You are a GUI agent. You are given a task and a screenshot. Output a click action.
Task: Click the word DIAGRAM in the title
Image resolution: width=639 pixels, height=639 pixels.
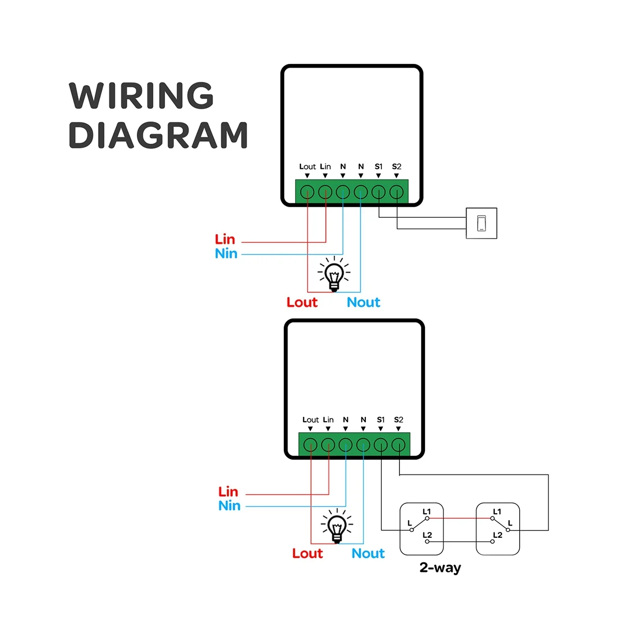coord(158,135)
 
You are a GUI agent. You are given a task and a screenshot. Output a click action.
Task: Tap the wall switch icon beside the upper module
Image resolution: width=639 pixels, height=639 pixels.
coord(481,223)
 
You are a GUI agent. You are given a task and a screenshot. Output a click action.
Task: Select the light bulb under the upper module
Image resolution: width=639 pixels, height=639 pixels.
coord(334,274)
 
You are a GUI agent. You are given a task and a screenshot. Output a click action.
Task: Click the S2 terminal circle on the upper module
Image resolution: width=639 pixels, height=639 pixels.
coord(396,192)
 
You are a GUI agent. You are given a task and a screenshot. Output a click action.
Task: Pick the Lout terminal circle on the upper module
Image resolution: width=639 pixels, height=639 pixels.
coord(307,192)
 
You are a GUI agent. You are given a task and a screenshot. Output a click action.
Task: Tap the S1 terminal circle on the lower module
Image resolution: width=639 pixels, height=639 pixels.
coord(381,445)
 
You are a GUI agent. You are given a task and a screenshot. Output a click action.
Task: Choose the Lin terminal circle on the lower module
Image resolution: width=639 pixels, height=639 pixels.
coord(328,445)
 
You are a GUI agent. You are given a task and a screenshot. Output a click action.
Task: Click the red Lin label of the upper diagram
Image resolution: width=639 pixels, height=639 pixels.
coord(225,240)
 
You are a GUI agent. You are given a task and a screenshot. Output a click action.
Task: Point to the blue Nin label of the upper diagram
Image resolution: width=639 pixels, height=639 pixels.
coord(226,253)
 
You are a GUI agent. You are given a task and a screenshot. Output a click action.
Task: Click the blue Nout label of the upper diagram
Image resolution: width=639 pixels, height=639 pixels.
coord(364,302)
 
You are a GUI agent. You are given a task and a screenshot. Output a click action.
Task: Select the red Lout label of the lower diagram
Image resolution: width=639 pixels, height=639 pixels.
coord(307,553)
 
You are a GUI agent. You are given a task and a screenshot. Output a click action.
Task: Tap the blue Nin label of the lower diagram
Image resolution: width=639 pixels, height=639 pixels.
coord(230,506)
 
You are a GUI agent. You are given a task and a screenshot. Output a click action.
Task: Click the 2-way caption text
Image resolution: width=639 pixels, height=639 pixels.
coord(440,568)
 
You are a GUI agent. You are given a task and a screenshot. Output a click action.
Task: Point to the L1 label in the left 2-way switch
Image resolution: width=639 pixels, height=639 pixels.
coord(427,512)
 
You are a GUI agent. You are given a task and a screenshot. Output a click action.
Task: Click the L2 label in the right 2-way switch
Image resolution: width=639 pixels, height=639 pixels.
coord(497,535)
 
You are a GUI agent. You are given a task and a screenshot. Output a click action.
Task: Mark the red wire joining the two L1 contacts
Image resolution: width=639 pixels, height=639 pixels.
coord(460,518)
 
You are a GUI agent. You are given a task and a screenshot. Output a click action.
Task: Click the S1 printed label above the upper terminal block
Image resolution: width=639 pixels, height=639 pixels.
coord(379,167)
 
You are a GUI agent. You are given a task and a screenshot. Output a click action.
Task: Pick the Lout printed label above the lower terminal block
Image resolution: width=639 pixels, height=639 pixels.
coord(310,420)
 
